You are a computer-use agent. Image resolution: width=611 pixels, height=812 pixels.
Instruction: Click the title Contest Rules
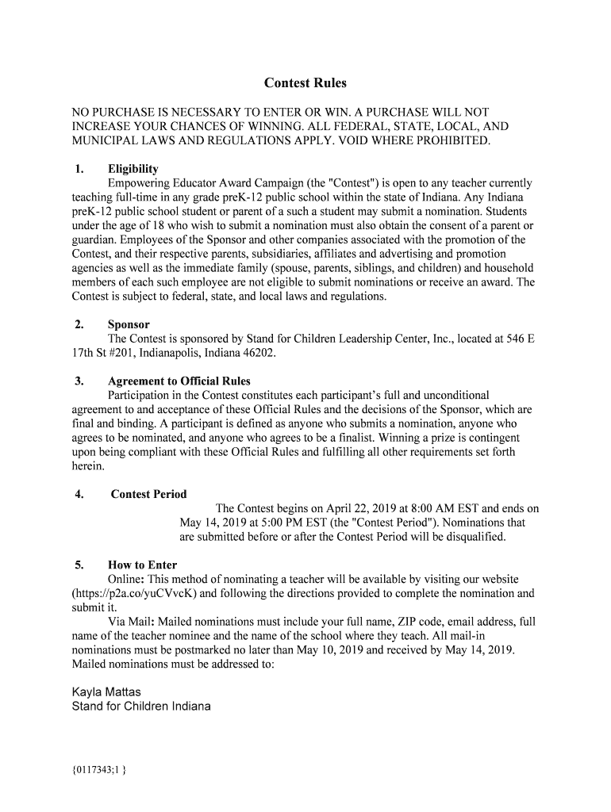tap(305, 83)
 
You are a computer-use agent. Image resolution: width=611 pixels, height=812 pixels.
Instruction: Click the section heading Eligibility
tap(133, 169)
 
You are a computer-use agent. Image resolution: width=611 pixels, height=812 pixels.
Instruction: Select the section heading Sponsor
tap(129, 324)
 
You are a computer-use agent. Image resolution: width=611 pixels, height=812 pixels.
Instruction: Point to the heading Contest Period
tap(148, 494)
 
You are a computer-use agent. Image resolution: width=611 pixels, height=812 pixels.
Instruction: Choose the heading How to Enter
tap(142, 565)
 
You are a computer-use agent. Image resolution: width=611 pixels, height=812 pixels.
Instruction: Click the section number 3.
tap(79, 381)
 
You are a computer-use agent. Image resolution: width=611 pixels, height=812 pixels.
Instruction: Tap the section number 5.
tap(79, 565)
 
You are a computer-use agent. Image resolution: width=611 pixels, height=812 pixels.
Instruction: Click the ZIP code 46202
tap(259, 353)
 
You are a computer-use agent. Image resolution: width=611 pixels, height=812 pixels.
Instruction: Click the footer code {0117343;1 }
tap(99, 768)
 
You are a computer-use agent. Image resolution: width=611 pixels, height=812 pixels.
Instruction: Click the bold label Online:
tap(126, 580)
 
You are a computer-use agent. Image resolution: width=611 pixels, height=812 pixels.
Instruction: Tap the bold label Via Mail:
tap(131, 622)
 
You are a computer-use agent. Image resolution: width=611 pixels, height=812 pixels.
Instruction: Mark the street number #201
tap(117, 353)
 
